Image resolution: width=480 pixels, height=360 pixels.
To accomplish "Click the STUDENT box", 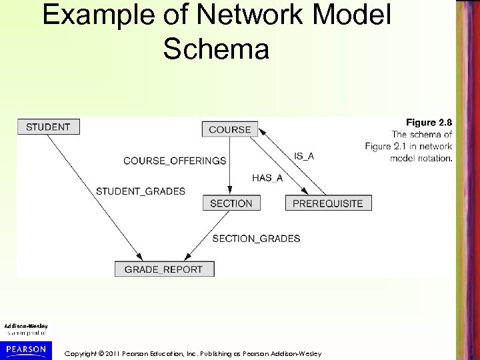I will click(x=49, y=127).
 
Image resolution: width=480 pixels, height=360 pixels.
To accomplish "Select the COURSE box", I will click(x=229, y=129).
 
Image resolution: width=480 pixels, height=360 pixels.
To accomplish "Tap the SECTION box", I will click(x=231, y=203).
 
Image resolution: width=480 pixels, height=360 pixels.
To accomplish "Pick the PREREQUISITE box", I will click(x=328, y=203).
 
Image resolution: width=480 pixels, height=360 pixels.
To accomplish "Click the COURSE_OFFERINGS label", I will click(x=175, y=161).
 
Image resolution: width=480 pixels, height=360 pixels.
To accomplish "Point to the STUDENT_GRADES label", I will click(x=141, y=191).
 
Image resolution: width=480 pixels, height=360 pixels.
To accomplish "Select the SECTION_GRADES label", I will click(x=256, y=238).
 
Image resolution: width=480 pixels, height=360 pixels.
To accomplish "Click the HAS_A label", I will click(x=267, y=177).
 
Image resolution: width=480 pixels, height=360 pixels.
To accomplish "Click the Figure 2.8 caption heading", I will click(x=429, y=122).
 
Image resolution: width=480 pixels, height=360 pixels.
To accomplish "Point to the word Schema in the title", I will click(x=216, y=50).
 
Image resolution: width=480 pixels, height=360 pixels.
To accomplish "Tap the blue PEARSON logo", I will click(x=24, y=349).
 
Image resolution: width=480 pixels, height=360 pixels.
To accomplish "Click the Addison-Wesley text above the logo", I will click(x=24, y=326).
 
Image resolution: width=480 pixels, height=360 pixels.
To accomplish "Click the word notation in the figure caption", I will click(x=435, y=159).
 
